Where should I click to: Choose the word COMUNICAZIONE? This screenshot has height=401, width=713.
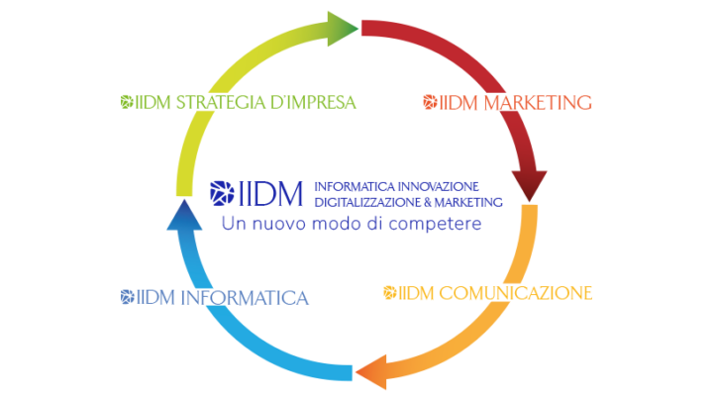click(x=515, y=293)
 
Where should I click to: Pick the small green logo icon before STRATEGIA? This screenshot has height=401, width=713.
click(x=126, y=102)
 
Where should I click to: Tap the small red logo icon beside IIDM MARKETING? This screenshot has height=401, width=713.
click(x=429, y=102)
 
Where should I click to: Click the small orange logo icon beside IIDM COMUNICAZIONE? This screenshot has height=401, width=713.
click(x=389, y=293)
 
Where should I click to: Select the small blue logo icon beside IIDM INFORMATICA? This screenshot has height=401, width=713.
click(x=126, y=296)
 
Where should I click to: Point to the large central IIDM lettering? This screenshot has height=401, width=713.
click(x=269, y=193)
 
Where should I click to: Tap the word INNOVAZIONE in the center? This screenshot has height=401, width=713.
click(x=439, y=186)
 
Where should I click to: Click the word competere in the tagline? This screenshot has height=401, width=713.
click(x=437, y=224)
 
